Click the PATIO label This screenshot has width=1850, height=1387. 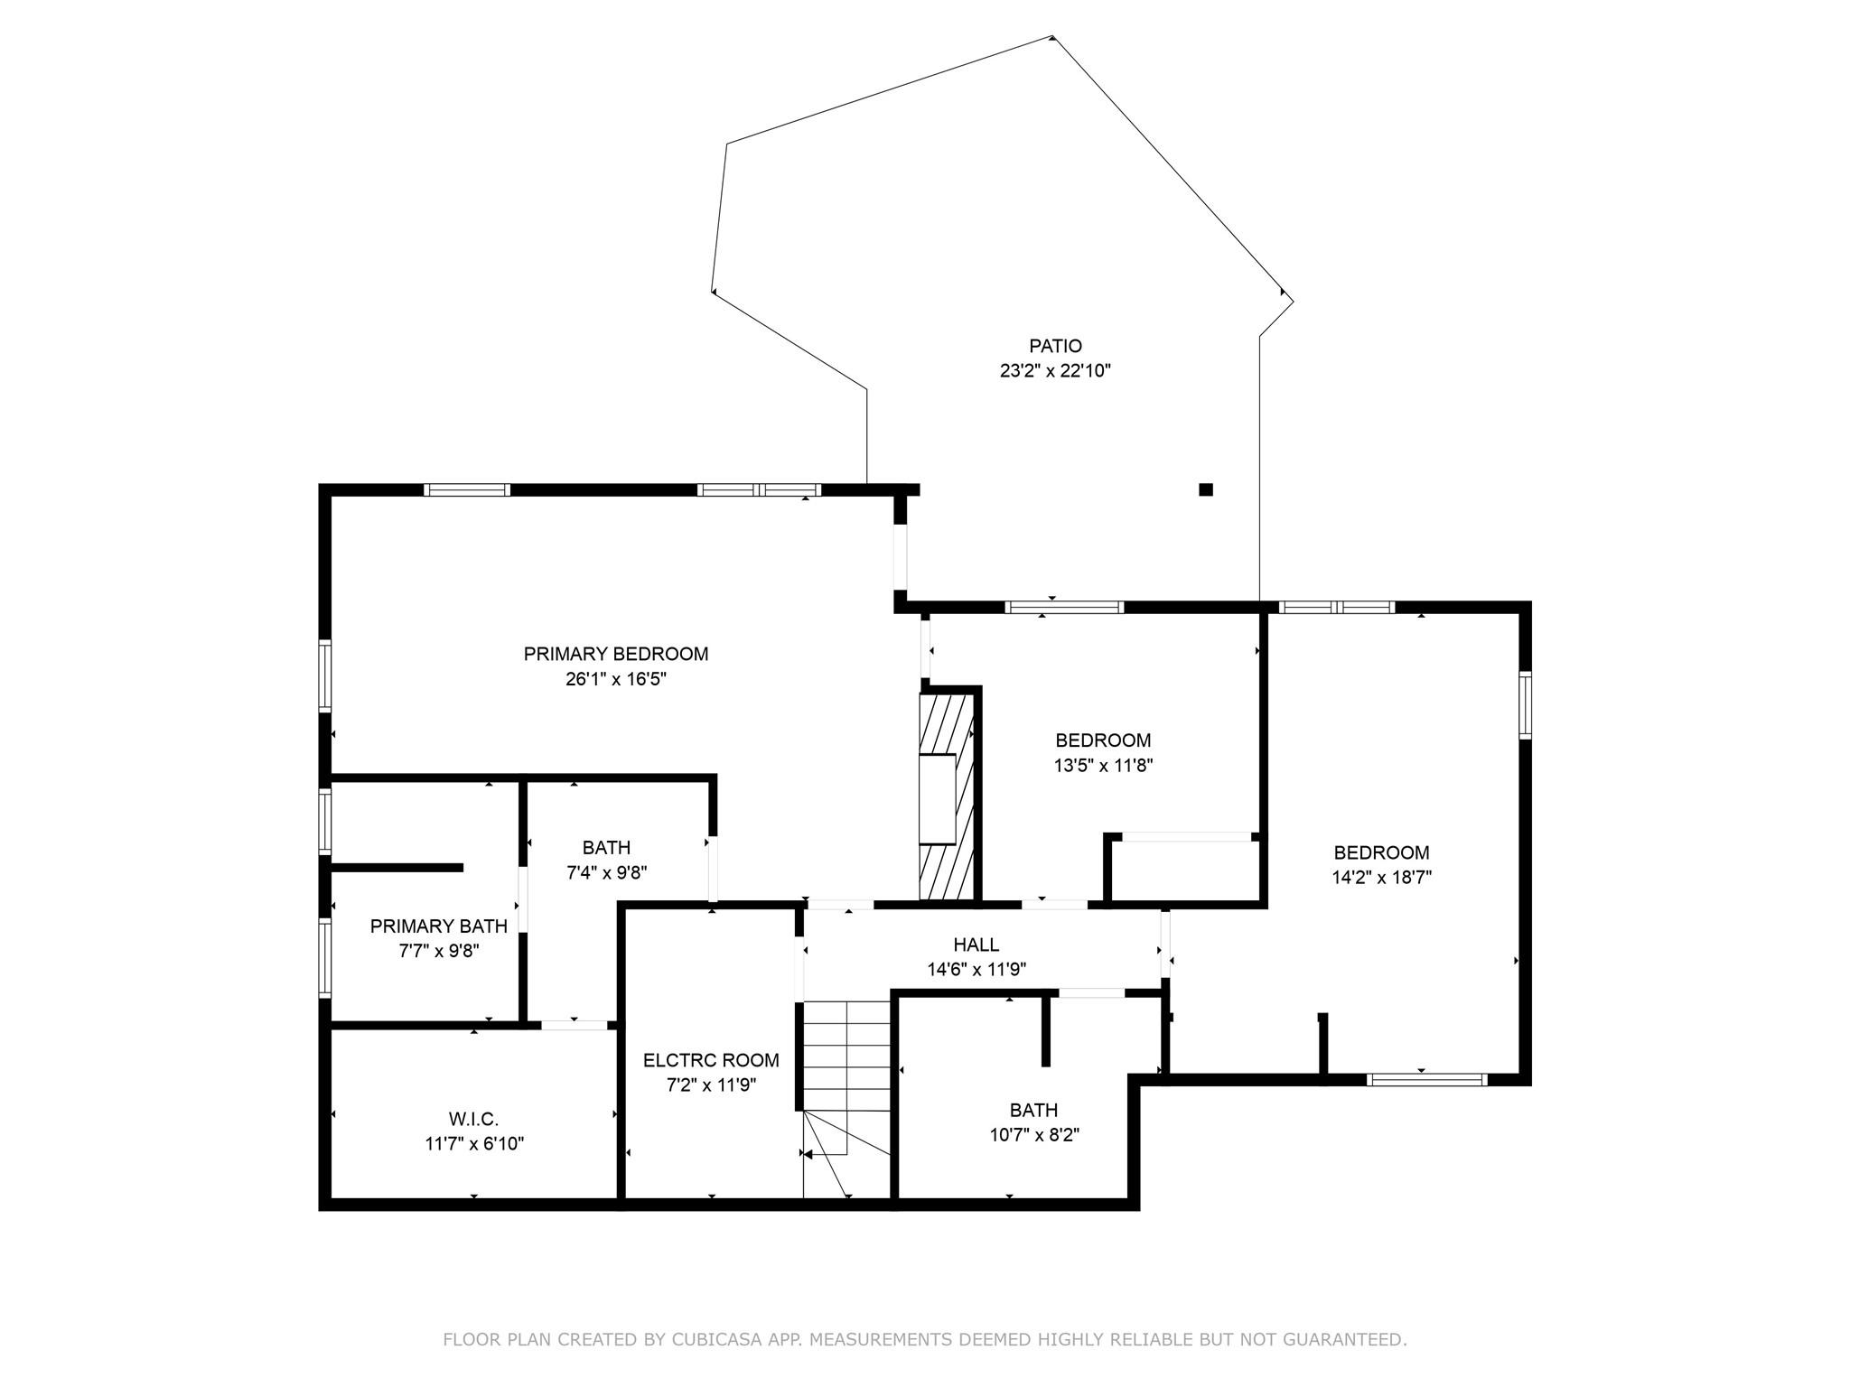click(x=1055, y=346)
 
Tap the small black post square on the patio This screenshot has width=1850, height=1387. click(x=1205, y=489)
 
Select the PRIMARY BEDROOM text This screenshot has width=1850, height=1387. click(x=615, y=654)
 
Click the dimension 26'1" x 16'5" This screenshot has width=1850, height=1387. click(x=615, y=679)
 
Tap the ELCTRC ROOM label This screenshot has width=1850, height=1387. click(x=711, y=1060)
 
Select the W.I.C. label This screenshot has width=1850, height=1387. click(x=473, y=1119)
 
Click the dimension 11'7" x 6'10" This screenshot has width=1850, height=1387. click(x=474, y=1144)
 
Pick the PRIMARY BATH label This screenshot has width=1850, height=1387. click(x=438, y=926)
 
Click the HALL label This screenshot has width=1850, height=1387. click(x=976, y=945)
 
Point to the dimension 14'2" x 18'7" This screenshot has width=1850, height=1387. click(x=1381, y=877)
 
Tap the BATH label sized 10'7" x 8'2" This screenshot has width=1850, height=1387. click(x=1033, y=1110)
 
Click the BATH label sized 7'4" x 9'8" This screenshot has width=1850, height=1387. click(x=606, y=847)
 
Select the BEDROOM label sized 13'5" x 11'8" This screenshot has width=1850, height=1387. click(x=1103, y=740)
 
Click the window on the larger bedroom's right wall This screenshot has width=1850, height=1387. click(x=1525, y=705)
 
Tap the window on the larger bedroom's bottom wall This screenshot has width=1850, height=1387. click(x=1426, y=1079)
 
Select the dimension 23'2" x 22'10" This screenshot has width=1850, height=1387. click(x=1054, y=370)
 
